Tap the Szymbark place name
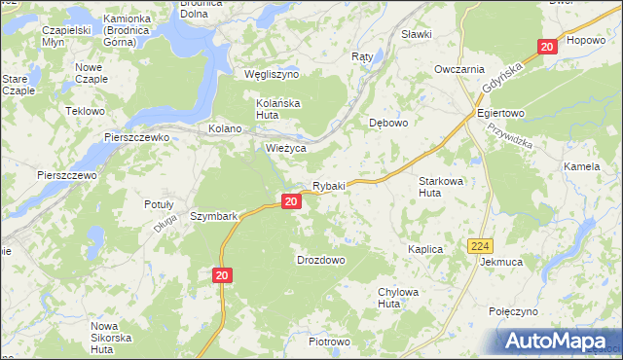pos(214,216)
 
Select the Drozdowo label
pos(320,261)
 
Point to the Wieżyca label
pos(286,148)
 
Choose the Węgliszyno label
pos(271,75)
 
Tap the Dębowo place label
pos(387,124)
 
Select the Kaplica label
pos(425,250)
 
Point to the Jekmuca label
pos(501,263)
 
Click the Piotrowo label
pos(328,342)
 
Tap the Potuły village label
pos(159,204)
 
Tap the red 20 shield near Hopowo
pos(546,46)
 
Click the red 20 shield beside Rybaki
pos(290,201)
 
